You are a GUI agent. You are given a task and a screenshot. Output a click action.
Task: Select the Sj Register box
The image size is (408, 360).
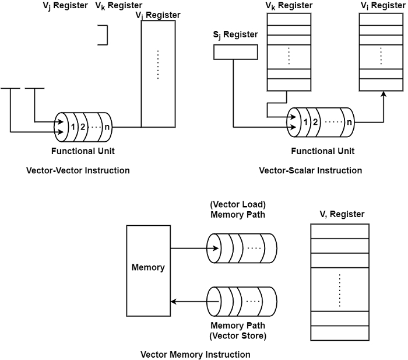click(x=235, y=52)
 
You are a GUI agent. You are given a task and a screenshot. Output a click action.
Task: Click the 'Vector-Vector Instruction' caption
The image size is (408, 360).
click(x=78, y=170)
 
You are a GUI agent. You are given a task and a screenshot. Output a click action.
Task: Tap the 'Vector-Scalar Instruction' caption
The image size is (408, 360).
click(x=310, y=170)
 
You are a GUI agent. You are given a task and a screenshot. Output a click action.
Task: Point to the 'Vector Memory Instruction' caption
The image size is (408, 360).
click(x=195, y=354)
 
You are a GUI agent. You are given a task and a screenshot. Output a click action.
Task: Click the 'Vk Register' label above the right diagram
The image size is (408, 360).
click(x=289, y=6)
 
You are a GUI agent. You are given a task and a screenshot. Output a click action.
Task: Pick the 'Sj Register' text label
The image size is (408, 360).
click(x=235, y=34)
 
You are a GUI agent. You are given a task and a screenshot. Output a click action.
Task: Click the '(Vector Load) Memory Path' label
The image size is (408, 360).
click(x=237, y=209)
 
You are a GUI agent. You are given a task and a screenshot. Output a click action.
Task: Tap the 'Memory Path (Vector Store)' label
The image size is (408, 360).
click(x=237, y=330)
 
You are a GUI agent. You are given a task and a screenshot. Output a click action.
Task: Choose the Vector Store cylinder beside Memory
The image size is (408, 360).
click(x=241, y=301)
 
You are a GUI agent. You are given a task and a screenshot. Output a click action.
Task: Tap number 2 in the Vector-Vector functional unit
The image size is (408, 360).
click(x=83, y=127)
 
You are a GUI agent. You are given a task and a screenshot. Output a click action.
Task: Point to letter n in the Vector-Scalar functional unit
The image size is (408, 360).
click(x=349, y=122)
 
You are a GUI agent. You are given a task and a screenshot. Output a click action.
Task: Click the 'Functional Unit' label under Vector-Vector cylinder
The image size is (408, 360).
click(x=82, y=151)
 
